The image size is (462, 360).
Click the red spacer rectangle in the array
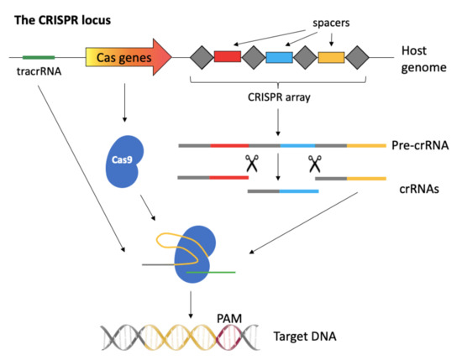pyautogui.click(x=228, y=57)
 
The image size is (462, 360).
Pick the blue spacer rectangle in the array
pyautogui.click(x=279, y=57)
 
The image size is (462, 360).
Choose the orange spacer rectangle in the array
pyautogui.click(x=331, y=57)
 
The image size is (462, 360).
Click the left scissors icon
pyautogui.click(x=249, y=164)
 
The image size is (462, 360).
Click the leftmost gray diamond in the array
pyautogui.click(x=202, y=57)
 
